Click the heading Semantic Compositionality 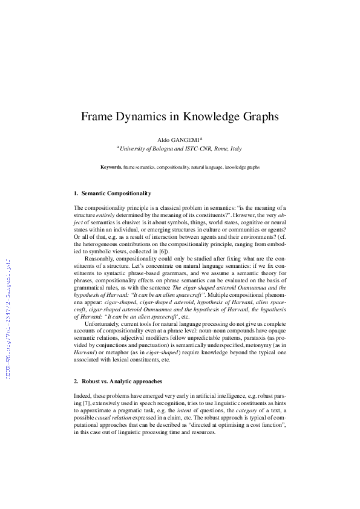pos(116,193)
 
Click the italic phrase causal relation pos(110,418)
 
